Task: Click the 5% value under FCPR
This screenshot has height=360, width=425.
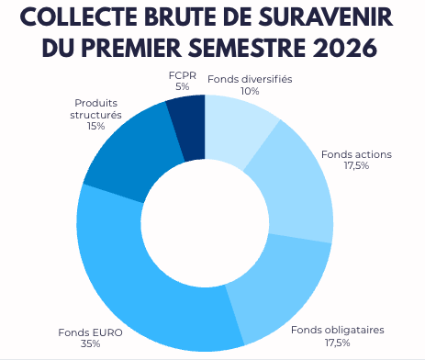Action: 182,86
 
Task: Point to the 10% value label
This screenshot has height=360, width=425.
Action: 250,91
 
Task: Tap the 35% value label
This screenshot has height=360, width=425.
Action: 91,343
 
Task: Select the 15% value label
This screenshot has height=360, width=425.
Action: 95,126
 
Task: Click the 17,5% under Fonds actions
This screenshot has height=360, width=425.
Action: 356,165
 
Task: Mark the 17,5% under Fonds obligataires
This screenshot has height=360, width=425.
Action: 338,343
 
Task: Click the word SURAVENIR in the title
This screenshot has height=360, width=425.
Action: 326,17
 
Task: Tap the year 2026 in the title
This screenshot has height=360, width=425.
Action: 345,48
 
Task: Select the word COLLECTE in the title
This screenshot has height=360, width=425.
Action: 79,17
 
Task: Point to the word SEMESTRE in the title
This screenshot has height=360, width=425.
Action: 247,48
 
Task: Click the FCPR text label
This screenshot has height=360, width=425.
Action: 183,75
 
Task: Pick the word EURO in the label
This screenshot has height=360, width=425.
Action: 106,332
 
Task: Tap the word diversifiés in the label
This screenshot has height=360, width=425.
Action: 267,79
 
